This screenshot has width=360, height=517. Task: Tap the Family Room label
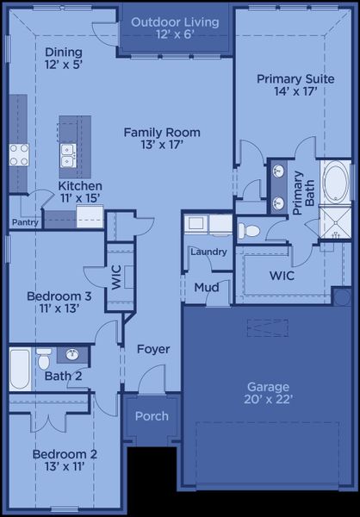[162, 139]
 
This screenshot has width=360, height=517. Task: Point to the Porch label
[152, 416]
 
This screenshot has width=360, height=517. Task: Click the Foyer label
[153, 349]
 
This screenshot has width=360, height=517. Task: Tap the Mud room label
[205, 287]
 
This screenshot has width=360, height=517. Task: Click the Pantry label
[23, 222]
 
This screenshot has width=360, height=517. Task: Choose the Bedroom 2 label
[65, 460]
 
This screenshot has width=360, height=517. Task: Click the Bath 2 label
[63, 376]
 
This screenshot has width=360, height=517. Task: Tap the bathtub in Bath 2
[20, 369]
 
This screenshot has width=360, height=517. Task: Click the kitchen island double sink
[68, 155]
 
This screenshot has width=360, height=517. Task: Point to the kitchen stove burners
[18, 154]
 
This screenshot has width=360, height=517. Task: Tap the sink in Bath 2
[73, 354]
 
